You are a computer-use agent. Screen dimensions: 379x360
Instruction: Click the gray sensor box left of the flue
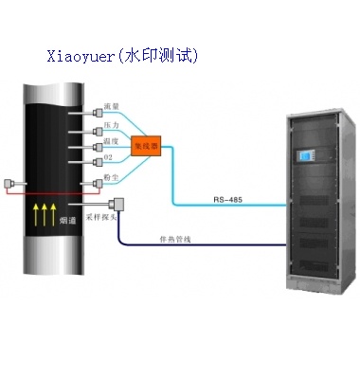pos(10,181)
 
